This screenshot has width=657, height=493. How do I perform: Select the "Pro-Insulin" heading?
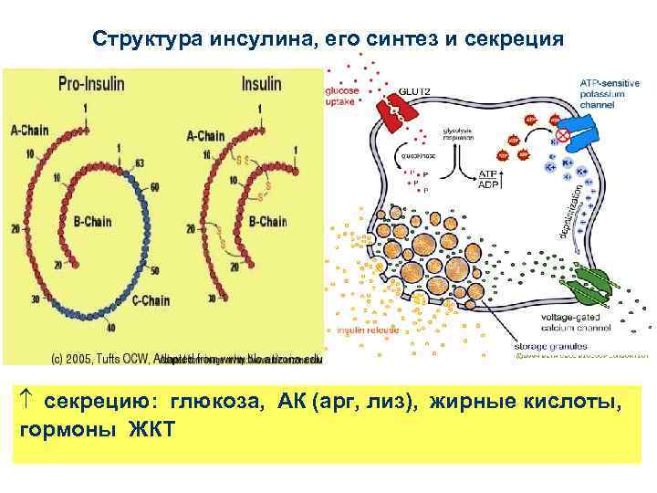coord(92,82)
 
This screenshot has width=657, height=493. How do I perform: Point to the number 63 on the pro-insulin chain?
coord(139,163)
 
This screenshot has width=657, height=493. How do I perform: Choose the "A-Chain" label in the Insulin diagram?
coord(207,136)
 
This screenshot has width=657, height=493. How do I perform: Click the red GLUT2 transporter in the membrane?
coord(398,113)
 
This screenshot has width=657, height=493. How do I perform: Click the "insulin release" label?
coord(363,330)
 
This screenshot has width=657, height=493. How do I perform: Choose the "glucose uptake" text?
coord(342,96)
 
